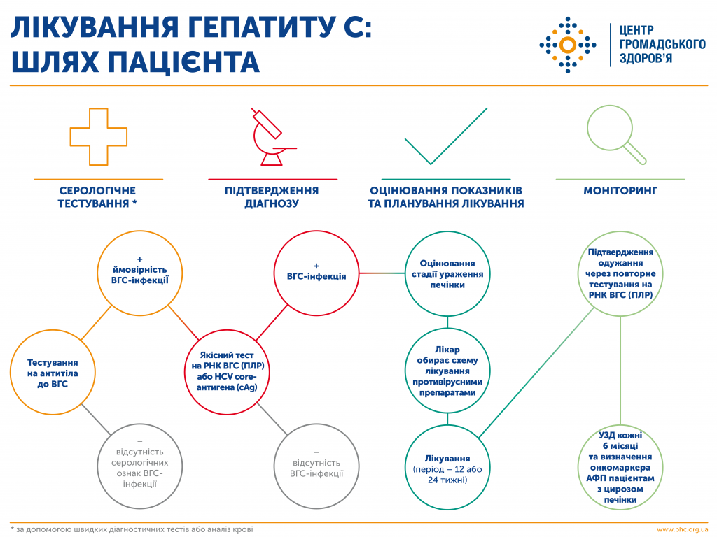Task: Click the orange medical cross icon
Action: (99, 137)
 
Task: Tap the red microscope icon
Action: (271, 138)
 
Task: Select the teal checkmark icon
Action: (445, 138)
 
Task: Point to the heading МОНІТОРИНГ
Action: (620, 190)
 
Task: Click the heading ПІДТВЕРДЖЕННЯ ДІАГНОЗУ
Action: (272, 197)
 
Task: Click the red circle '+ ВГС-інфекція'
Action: (316, 275)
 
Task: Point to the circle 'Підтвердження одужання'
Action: (620, 274)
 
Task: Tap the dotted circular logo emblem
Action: (568, 45)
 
